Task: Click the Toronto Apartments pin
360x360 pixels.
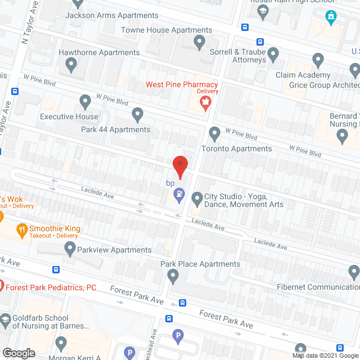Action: click(x=214, y=134)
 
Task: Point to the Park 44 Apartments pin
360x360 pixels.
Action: click(x=137, y=115)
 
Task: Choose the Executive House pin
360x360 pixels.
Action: click(x=85, y=102)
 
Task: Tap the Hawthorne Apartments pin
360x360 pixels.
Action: click(x=71, y=66)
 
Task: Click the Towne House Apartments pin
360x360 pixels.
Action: click(x=199, y=42)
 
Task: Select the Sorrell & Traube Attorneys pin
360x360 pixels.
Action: click(x=273, y=55)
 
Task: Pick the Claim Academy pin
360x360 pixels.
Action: click(x=318, y=60)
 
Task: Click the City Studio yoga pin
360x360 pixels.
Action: click(x=197, y=199)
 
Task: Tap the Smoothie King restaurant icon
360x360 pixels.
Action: click(x=22, y=229)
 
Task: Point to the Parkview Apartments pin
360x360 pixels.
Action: click(x=70, y=248)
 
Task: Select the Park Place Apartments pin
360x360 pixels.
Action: click(x=173, y=276)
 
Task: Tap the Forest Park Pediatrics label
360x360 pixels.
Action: click(x=51, y=287)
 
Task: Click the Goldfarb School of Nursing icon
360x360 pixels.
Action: click(x=5, y=321)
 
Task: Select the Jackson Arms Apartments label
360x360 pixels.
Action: click(x=112, y=15)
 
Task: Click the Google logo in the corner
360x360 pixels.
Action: click(x=18, y=353)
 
